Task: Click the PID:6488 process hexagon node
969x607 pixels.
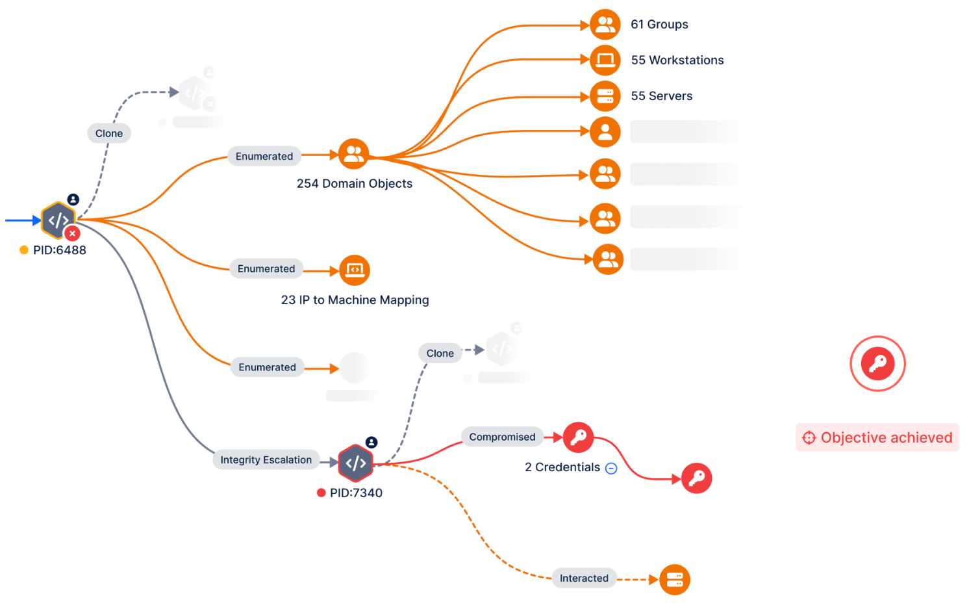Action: (58, 220)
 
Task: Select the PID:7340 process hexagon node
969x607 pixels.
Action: (355, 463)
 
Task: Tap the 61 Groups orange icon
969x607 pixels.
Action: (605, 25)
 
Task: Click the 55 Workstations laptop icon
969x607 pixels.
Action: (605, 60)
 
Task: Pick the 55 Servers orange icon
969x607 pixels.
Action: (605, 96)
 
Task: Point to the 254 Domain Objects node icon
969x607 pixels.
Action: (354, 154)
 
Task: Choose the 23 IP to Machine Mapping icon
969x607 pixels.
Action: (355, 270)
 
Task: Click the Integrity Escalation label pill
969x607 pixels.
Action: (266, 460)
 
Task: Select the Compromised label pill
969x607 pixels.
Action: (502, 437)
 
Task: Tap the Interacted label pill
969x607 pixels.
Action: (584, 578)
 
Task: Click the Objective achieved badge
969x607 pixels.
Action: (877, 437)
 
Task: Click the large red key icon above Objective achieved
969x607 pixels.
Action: (877, 363)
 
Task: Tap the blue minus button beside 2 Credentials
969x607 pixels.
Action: (611, 468)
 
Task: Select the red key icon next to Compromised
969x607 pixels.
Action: (578, 437)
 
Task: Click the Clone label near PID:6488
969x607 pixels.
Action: (109, 133)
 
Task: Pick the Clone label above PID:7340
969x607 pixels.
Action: (440, 354)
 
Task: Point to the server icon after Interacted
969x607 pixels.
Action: (675, 579)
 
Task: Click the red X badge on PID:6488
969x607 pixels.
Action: (73, 233)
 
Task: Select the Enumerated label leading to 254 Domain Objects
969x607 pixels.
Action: (264, 157)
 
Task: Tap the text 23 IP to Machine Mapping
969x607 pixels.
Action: (355, 300)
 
